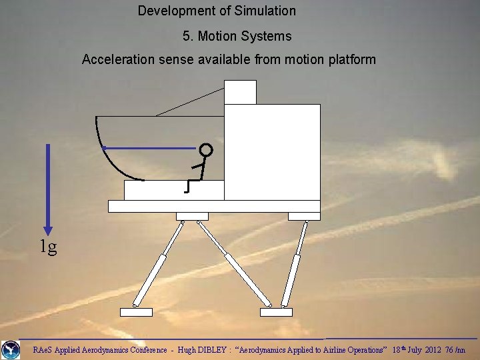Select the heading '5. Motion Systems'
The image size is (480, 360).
(x=237, y=36)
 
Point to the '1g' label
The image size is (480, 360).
(x=47, y=247)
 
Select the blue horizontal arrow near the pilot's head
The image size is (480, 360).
(x=150, y=147)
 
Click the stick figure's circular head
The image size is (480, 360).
(x=206, y=150)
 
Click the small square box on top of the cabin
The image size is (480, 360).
(x=240, y=92)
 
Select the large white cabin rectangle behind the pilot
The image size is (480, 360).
(x=272, y=152)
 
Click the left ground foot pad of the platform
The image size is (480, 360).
(x=136, y=311)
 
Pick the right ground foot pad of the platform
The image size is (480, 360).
(x=276, y=311)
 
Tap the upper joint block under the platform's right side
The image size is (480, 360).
(x=304, y=216)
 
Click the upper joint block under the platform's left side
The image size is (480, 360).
(x=192, y=216)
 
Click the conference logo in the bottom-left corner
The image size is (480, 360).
(x=10, y=349)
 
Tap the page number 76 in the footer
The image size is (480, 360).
(x=449, y=349)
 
